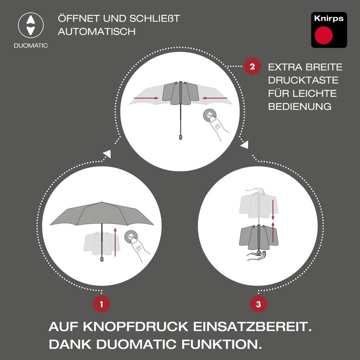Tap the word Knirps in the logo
329,19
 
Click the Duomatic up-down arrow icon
30,25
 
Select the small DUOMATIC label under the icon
31,45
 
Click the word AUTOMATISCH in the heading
96,32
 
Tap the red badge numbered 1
102,304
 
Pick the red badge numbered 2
252,67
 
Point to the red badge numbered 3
258,304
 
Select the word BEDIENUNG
300,107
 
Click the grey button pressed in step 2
209,115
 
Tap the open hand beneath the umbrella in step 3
256,257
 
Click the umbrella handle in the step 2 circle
181,135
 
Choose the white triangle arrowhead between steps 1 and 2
107,155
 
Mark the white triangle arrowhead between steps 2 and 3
245,145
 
